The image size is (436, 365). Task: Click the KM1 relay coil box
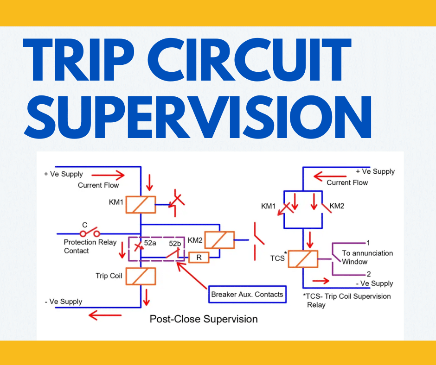click(x=141, y=204)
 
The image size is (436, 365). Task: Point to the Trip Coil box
click(x=141, y=276)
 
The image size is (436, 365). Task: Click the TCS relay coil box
click(x=302, y=259)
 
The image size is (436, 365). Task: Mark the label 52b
click(x=175, y=243)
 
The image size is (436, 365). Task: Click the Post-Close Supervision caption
click(x=203, y=319)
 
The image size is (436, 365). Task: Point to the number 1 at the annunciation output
click(x=368, y=242)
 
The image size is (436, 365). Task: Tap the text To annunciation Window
click(x=367, y=258)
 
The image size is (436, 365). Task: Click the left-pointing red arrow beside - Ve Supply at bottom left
click(x=105, y=315)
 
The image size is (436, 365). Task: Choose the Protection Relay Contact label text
click(x=90, y=246)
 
